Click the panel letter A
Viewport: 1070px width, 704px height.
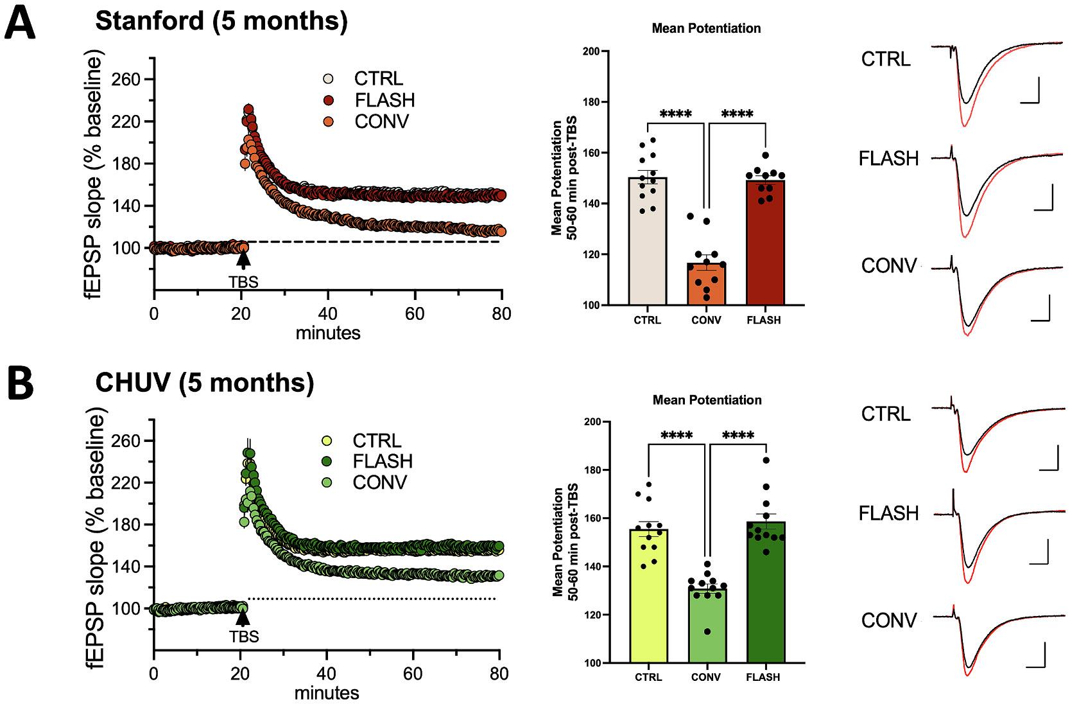21,24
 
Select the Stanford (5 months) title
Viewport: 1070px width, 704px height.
221,21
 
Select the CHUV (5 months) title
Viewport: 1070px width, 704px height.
205,383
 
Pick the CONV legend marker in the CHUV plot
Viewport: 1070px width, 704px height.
326,482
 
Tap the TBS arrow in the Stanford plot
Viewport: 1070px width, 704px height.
243,259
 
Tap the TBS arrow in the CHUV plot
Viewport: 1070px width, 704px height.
243,618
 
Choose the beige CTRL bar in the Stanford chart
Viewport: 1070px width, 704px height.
648,241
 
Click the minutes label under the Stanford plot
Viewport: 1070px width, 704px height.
328,333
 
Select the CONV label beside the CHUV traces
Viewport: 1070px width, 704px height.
888,620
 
